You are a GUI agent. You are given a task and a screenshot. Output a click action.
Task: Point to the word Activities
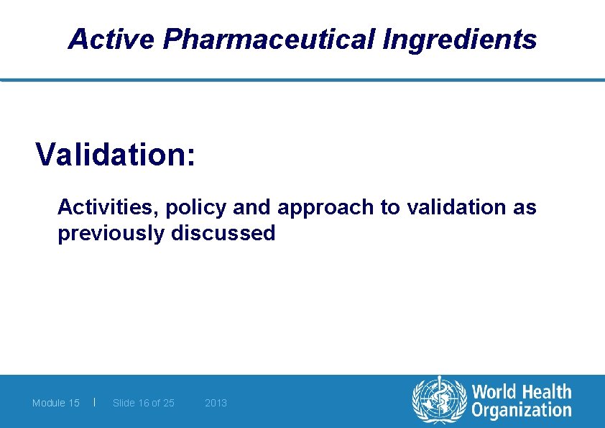tap(108, 207)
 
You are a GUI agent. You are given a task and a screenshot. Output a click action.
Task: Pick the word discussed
tap(223, 233)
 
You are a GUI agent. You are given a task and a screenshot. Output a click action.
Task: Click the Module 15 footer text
tap(56, 403)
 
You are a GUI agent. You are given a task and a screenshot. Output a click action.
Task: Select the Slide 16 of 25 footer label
tap(144, 403)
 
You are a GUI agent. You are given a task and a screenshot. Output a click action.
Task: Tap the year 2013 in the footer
tap(216, 403)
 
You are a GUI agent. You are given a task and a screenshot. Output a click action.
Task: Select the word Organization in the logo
tap(522, 411)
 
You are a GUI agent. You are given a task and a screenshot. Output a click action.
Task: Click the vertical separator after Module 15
tap(95, 402)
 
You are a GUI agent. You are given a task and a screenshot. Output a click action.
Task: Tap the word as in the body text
tap(525, 208)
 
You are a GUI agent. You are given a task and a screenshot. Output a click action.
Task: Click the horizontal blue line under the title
tap(302, 80)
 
